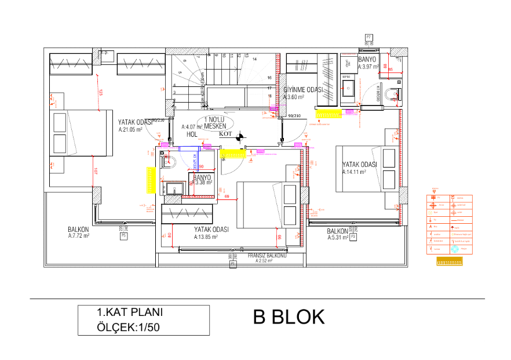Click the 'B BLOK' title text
click(x=289, y=317)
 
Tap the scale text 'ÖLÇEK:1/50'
click(x=127, y=328)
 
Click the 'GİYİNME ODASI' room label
click(x=303, y=90)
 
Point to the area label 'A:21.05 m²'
click(x=130, y=130)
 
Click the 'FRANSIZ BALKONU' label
click(x=267, y=255)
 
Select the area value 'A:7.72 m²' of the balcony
click(x=79, y=236)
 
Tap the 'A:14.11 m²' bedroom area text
click(x=356, y=172)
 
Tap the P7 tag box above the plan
click(x=368, y=38)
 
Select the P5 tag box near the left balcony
click(x=123, y=236)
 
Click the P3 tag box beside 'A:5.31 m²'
click(x=353, y=237)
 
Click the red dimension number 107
click(x=96, y=172)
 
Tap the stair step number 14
click(x=254, y=59)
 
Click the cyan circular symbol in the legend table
click(x=455, y=249)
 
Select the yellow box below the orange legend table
click(x=449, y=262)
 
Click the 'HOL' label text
click(x=192, y=134)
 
